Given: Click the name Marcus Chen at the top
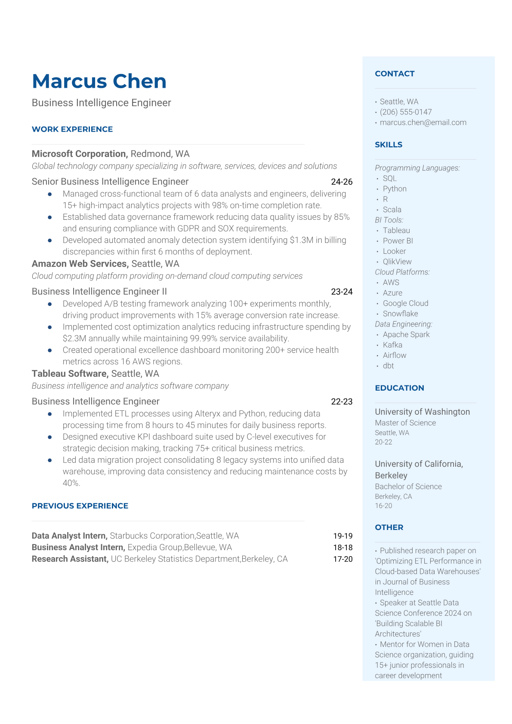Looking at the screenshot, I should (x=99, y=81).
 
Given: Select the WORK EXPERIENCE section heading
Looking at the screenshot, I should (x=72, y=129).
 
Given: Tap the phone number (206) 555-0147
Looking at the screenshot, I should (x=405, y=112).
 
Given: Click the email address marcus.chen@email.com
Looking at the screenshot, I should (x=423, y=122).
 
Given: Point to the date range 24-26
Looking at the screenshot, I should (x=342, y=182).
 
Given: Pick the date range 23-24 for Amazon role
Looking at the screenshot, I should (x=342, y=292).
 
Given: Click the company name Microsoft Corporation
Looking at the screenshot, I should (x=80, y=154).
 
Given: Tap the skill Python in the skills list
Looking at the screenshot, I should (x=395, y=189).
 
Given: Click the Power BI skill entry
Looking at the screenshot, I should (x=398, y=241).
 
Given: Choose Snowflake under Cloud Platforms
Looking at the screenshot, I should (x=400, y=314).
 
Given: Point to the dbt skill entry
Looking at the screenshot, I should (x=388, y=366).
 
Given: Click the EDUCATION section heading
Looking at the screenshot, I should (x=399, y=388).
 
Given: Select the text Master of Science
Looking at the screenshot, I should (x=405, y=423).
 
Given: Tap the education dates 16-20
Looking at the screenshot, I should (x=383, y=506).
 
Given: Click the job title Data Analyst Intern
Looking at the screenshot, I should (x=69, y=536).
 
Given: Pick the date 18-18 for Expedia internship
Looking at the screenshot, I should (x=342, y=548).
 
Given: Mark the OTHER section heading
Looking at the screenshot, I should (x=389, y=527).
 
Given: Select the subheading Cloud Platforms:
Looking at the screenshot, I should (x=402, y=272).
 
